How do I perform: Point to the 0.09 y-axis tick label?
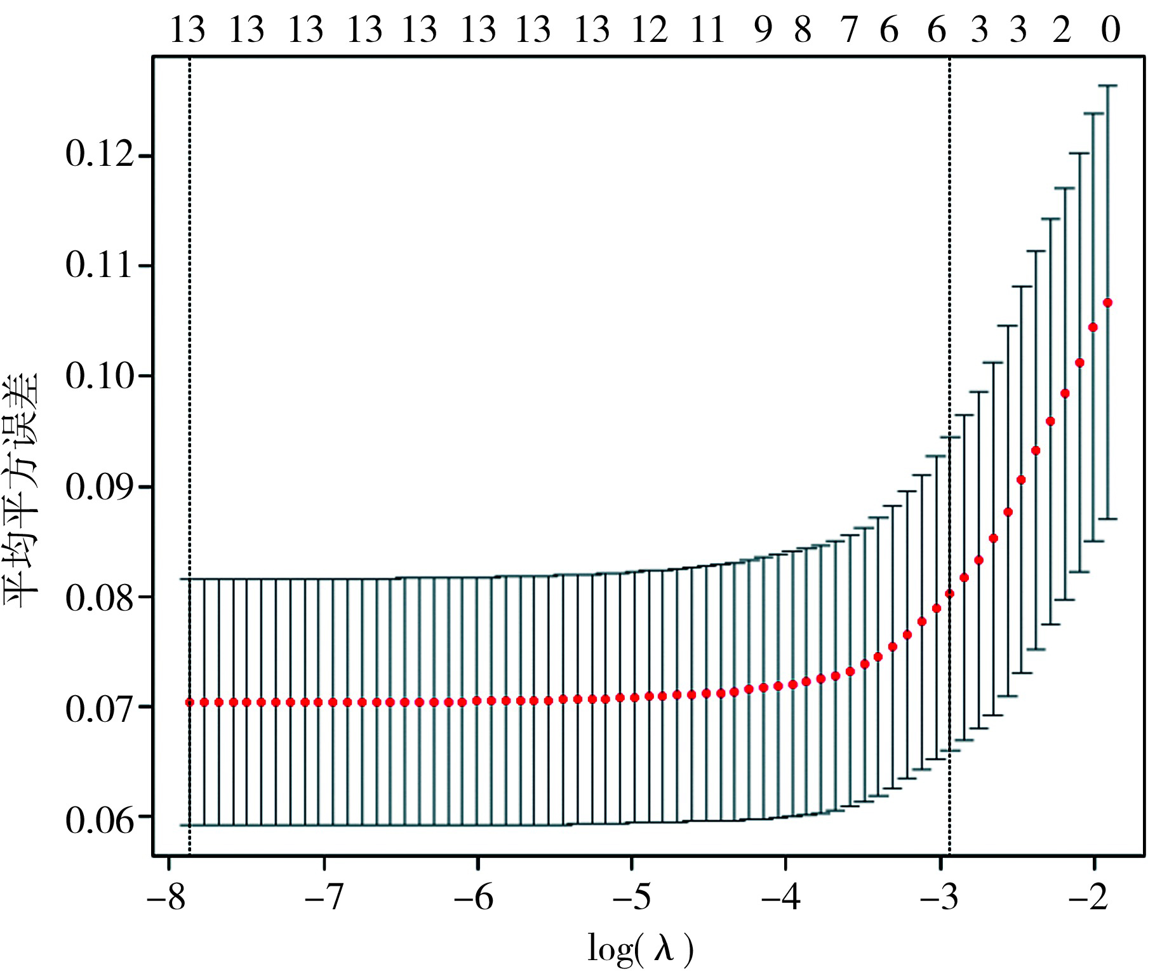coord(100,487)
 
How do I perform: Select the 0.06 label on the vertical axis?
coord(100,820)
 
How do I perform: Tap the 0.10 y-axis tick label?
coord(100,376)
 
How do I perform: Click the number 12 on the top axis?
coord(650,30)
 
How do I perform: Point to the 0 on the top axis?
coord(1111,30)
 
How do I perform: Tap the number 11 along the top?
coord(707,30)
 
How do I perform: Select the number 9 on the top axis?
coord(763,30)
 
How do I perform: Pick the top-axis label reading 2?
coord(1062,30)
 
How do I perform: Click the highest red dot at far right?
coord(1107,302)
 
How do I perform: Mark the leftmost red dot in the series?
coord(189,702)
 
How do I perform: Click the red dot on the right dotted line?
coord(949,593)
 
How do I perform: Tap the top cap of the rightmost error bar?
coord(1107,85)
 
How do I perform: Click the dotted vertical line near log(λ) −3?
coord(949,318)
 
